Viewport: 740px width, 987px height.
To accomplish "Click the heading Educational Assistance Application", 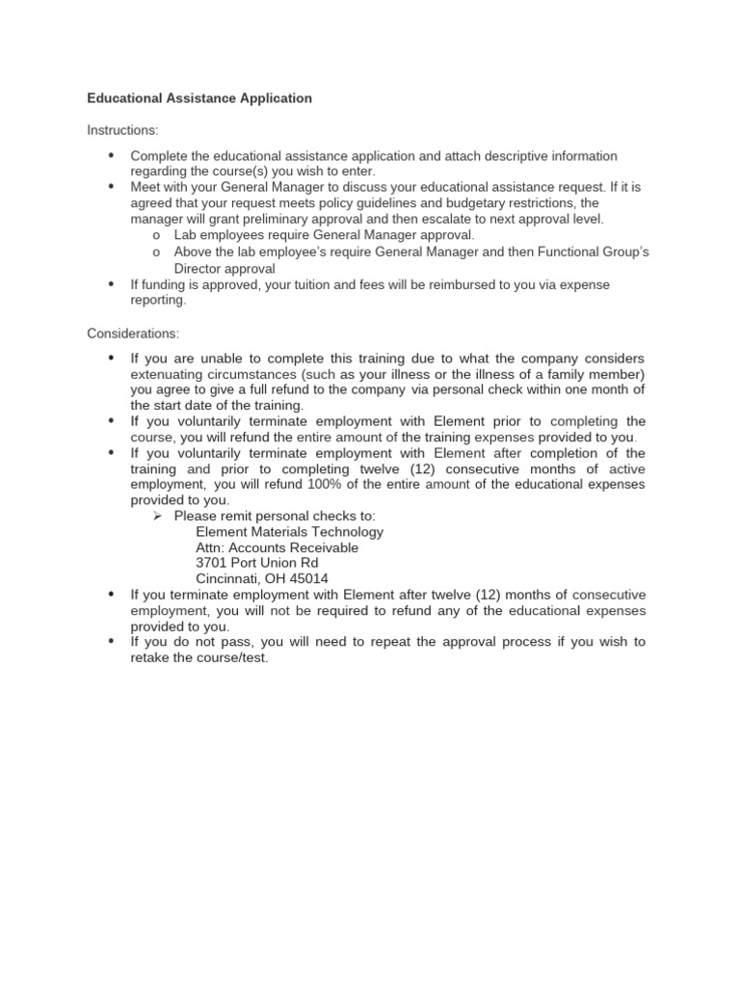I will (x=199, y=98).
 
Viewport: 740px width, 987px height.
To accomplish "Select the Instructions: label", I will (x=123, y=130).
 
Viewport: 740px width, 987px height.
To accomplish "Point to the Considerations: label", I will (x=133, y=333).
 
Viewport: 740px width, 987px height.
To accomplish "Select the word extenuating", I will (x=165, y=374).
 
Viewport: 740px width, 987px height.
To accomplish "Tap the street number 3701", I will (x=212, y=563).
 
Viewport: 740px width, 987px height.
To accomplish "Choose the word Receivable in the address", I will (x=319, y=547).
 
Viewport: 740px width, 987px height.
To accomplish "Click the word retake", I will (x=151, y=657).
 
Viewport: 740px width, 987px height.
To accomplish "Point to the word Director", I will (x=198, y=269).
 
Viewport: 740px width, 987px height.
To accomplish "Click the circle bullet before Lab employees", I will (x=155, y=235).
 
